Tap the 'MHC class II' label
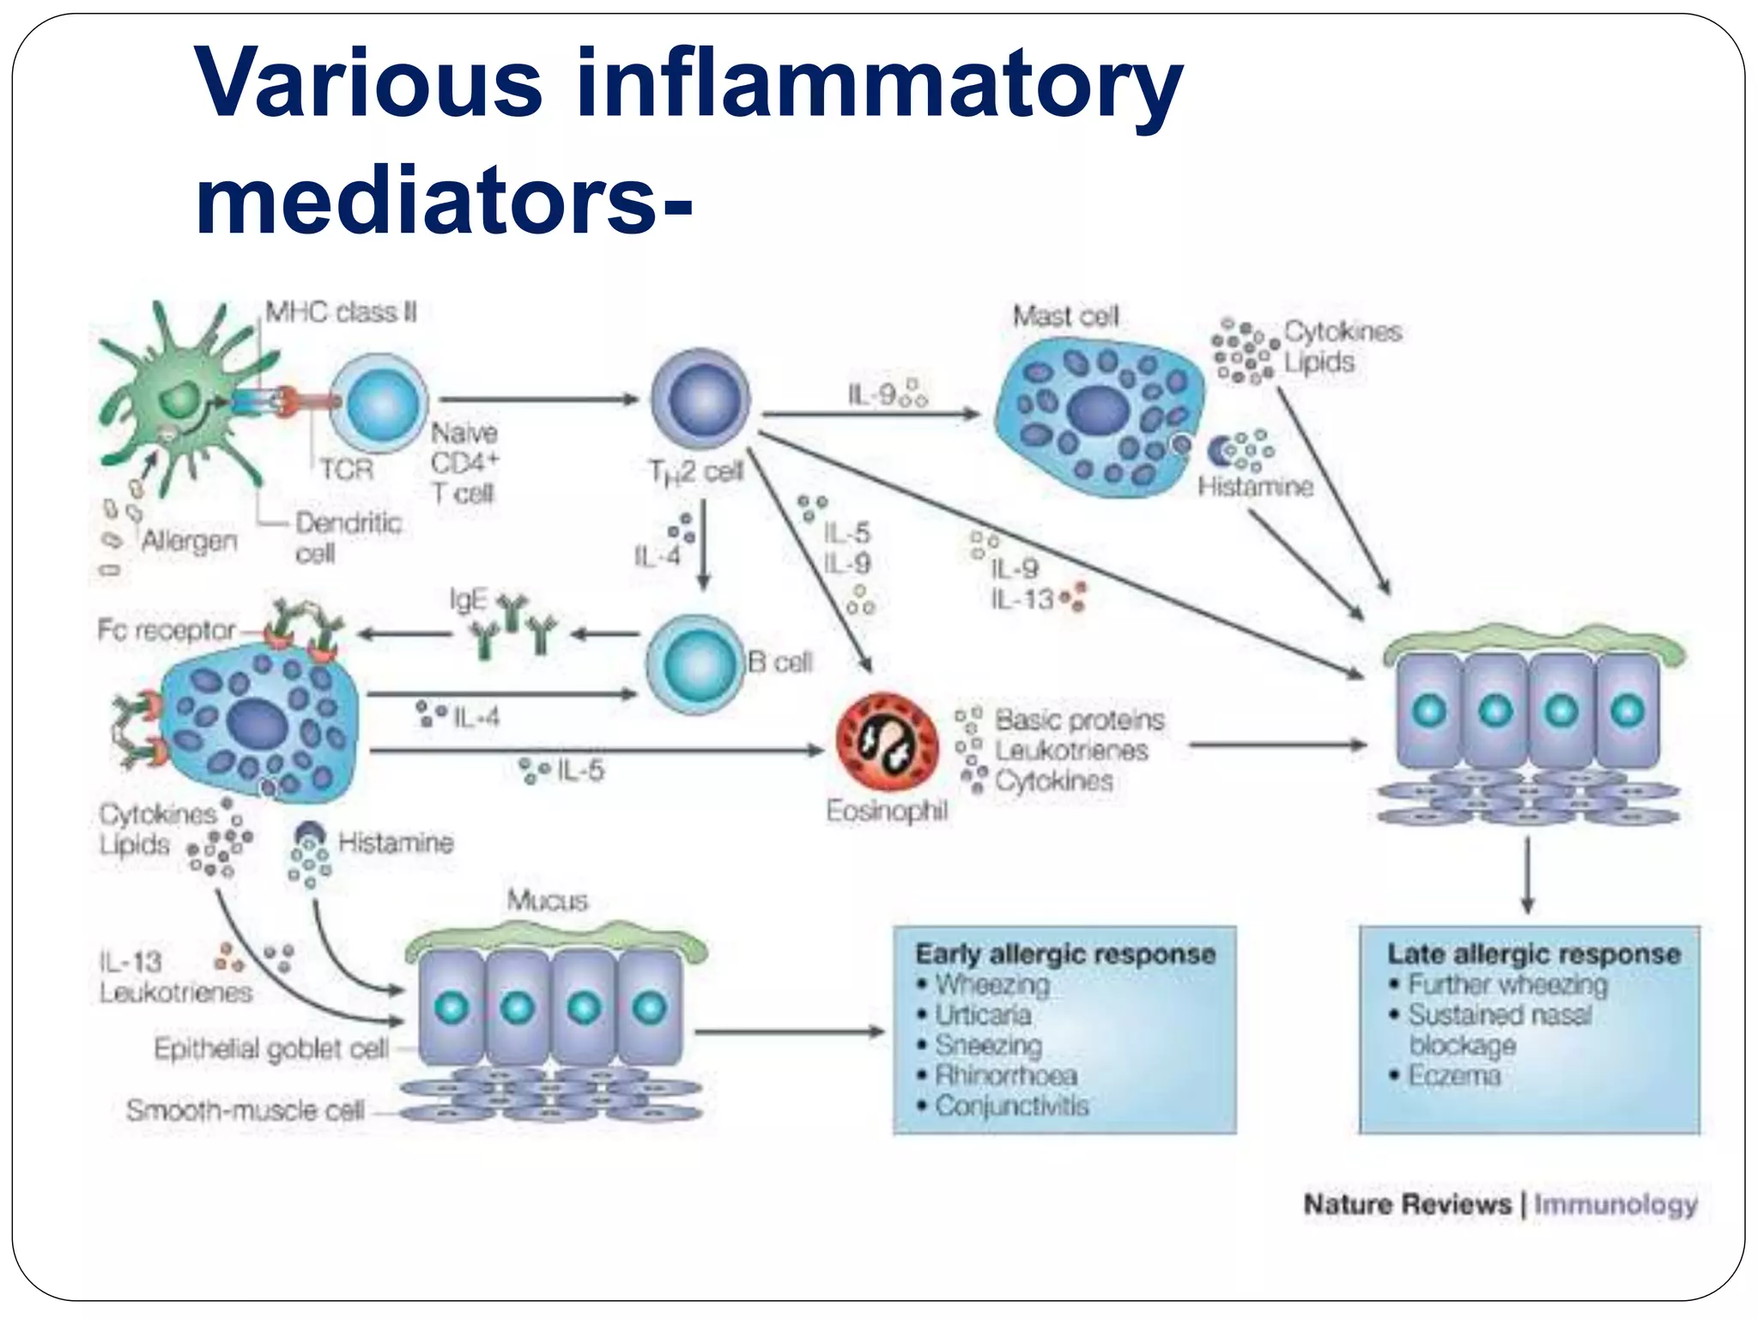[x=341, y=312]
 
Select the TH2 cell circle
[x=700, y=399]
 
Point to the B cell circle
[x=694, y=663]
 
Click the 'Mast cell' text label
[x=1065, y=317]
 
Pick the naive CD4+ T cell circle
[x=379, y=402]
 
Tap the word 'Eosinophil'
[x=887, y=811]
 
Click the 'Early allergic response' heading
[x=1065, y=954]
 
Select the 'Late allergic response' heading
[x=1533, y=954]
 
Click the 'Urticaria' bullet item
[x=983, y=1015]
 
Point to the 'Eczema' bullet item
[x=1454, y=1075]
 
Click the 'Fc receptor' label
[x=166, y=630]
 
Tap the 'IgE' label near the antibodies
[x=468, y=599]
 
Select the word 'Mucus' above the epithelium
[x=547, y=900]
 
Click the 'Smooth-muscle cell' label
[x=246, y=1110]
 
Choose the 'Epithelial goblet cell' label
[x=270, y=1049]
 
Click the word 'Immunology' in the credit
[x=1615, y=1204]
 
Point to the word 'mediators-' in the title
[x=443, y=200]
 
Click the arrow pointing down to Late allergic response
[x=1527, y=876]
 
